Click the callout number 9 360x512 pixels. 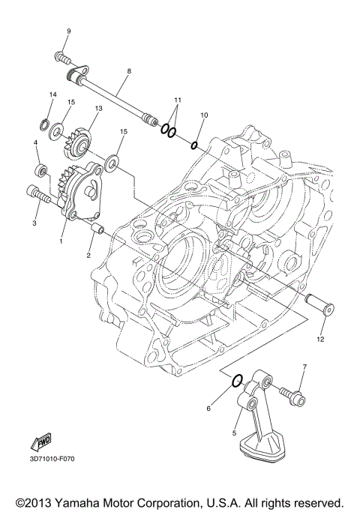tap(68, 31)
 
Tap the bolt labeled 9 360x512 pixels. tap(63, 57)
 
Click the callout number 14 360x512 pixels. tap(53, 94)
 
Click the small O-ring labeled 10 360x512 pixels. tap(194, 144)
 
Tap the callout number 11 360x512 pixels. tap(178, 100)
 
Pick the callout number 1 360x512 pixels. tap(61, 242)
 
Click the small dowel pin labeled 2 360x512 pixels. tap(96, 226)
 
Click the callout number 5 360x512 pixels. tap(234, 433)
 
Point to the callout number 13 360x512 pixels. tap(97, 109)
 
